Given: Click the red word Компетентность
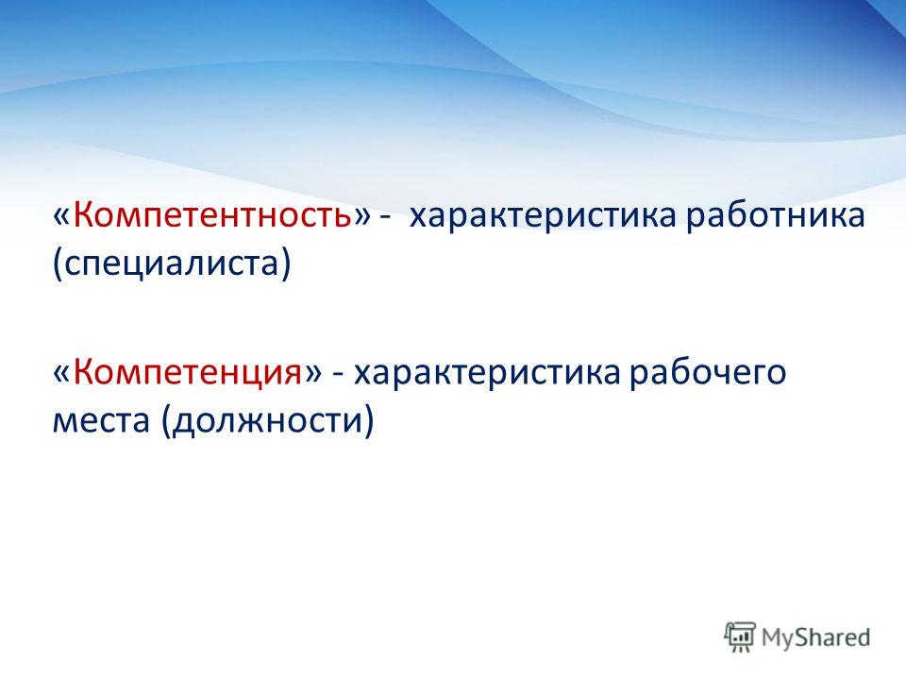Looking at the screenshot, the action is coord(212,215).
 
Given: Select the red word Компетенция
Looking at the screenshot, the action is coord(187,373).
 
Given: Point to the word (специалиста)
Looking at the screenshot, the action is coord(172,264).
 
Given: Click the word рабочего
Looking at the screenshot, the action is coord(707,373).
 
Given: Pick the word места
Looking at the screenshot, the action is coord(101,422).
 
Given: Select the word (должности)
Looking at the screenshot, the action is coord(267,421).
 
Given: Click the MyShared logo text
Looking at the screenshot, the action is coord(815,637).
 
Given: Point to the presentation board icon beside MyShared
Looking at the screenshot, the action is coord(740,637).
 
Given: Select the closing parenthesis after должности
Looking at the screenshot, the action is coord(369,422).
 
